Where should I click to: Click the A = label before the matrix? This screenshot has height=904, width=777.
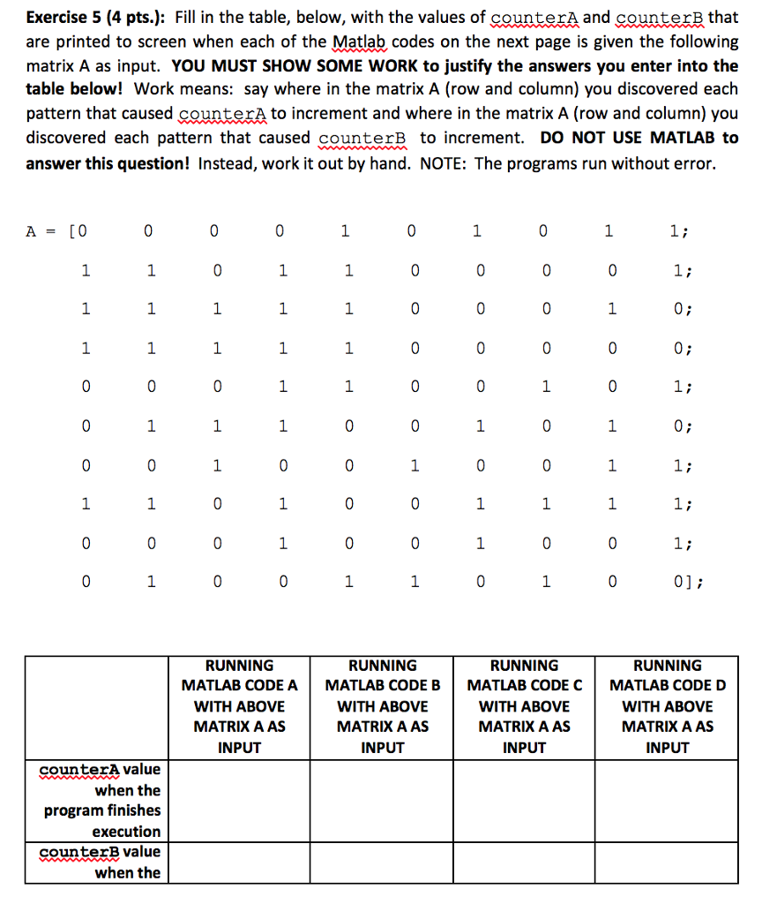point(39,231)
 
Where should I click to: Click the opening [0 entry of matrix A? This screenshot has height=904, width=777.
point(80,231)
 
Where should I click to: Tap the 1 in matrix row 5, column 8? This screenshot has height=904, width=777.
point(546,387)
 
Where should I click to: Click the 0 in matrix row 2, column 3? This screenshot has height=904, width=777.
point(216,270)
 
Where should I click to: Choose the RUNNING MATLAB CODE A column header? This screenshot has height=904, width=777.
point(239,705)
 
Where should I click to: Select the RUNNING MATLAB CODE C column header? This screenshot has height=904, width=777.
point(524,705)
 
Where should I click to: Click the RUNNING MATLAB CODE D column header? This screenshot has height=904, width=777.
point(667,705)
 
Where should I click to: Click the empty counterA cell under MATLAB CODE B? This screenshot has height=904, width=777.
point(382,800)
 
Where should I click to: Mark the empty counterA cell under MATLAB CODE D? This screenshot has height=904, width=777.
point(667,800)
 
